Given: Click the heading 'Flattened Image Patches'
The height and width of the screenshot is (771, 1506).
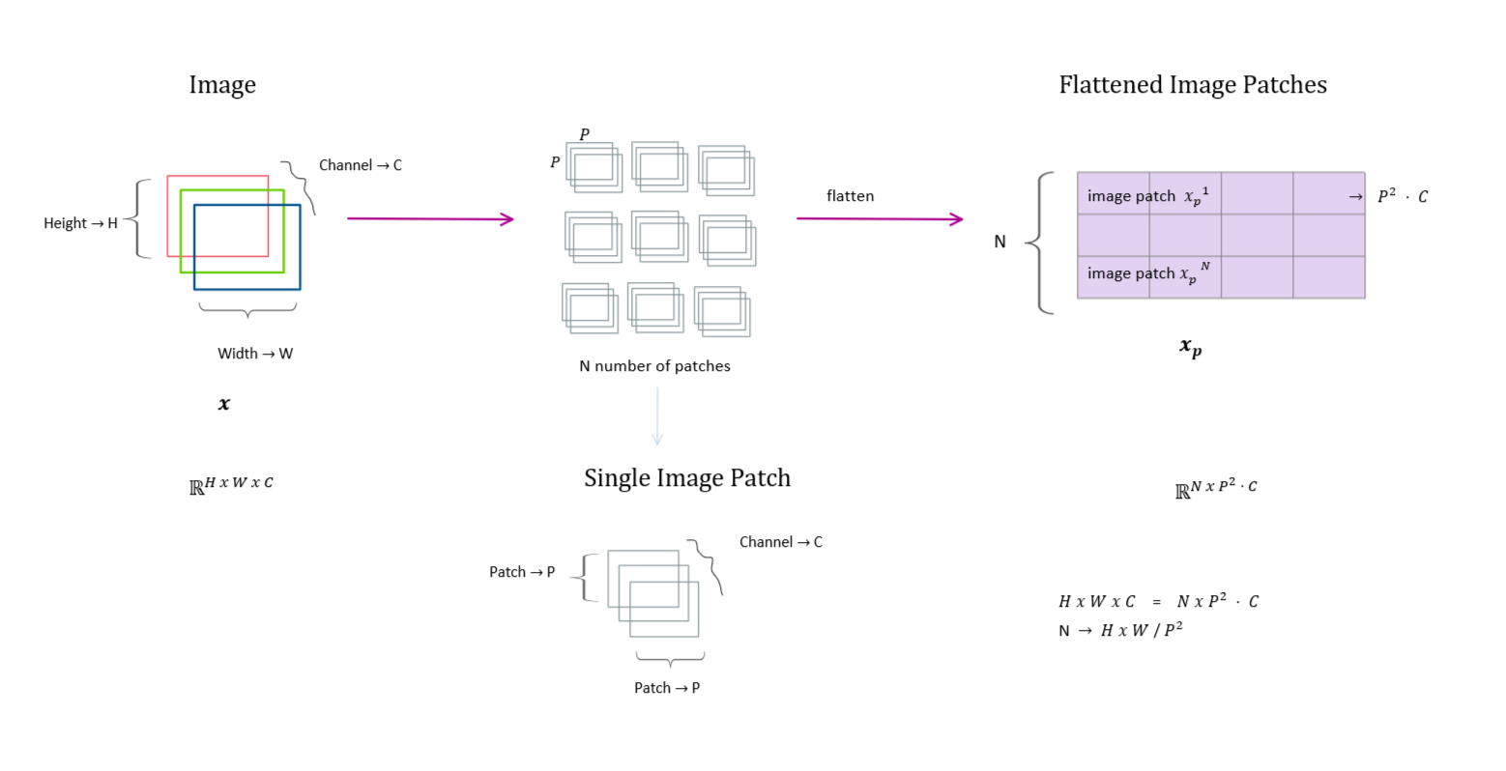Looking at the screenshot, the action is [x=1193, y=85].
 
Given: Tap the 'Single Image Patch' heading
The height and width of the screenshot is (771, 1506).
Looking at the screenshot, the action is [x=687, y=478].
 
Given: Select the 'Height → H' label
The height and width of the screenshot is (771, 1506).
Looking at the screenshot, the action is [x=80, y=223].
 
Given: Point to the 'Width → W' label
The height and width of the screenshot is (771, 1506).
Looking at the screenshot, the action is [x=255, y=354].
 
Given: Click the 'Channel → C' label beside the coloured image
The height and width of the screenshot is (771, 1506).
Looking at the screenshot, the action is [x=361, y=165].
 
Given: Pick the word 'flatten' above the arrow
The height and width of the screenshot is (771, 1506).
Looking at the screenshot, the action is [x=851, y=195].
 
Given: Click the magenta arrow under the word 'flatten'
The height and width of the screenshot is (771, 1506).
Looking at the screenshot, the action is [x=880, y=218].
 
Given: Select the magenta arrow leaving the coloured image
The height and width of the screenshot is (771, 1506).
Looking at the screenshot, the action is [x=430, y=218].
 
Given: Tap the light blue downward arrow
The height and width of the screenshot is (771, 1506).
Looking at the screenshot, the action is [x=657, y=416].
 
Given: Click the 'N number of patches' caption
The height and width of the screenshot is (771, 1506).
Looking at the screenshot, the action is [x=654, y=365].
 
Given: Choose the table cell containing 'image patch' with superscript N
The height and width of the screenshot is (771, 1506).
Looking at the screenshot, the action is [x=1114, y=277].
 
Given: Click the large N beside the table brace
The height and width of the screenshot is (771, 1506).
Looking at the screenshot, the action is [x=999, y=242].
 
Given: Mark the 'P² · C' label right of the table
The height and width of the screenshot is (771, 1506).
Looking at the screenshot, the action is [x=1403, y=195].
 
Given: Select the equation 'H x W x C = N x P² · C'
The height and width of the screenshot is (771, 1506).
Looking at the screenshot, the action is [x=1158, y=601].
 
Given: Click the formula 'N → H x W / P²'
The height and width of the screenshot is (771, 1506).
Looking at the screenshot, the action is [x=1120, y=631].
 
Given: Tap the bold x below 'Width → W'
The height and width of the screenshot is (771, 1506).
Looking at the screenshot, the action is [x=224, y=404].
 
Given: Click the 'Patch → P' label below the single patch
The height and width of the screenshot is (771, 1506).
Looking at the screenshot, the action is [x=667, y=688].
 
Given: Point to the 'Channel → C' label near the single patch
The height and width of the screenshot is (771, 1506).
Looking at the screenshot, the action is [x=781, y=542].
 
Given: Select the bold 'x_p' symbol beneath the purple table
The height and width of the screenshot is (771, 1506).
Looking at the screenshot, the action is [x=1191, y=348].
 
